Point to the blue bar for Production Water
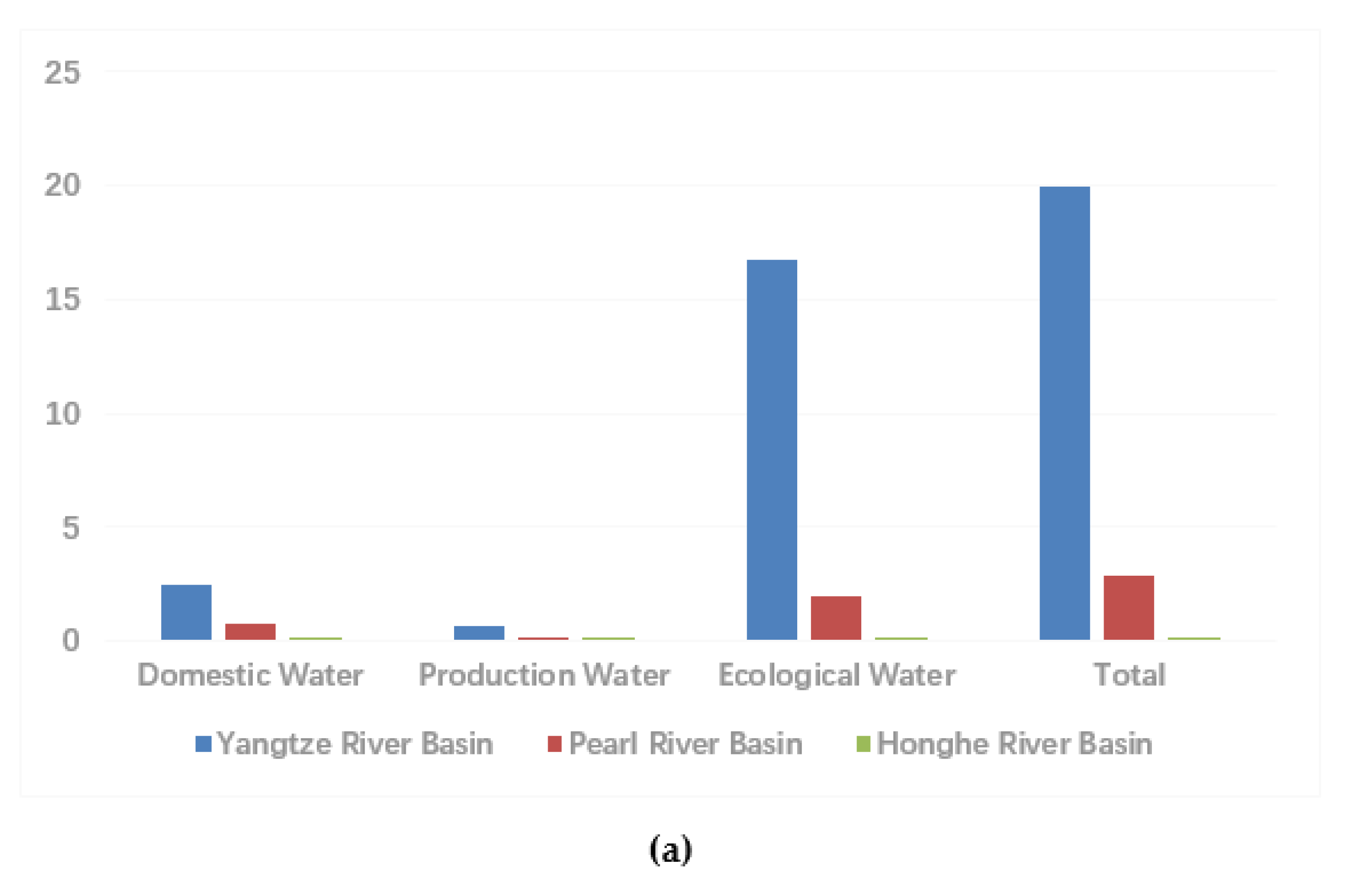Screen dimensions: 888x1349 pyautogui.click(x=479, y=633)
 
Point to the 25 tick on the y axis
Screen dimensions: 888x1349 pyautogui.click(x=63, y=73)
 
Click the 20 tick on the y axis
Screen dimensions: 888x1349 pyautogui.click(x=63, y=186)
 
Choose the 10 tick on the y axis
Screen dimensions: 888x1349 pyautogui.click(x=63, y=414)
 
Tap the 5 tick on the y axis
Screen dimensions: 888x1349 pyautogui.click(x=70, y=528)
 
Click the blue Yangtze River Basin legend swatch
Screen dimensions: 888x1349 pyautogui.click(x=203, y=743)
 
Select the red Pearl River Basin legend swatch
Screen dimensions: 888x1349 pyautogui.click(x=554, y=743)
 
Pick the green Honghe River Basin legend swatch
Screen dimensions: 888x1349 pyautogui.click(x=863, y=743)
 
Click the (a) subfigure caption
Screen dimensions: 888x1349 pyautogui.click(x=670, y=850)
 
